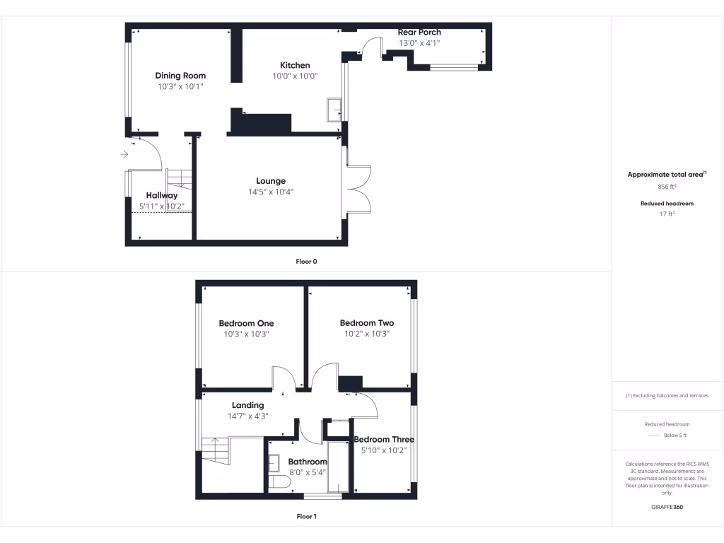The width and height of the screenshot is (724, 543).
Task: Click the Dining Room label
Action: tap(180, 76)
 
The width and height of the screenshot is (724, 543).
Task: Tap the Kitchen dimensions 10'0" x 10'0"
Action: tap(295, 76)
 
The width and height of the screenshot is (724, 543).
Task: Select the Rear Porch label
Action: tap(419, 33)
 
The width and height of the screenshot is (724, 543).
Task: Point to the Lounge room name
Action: tap(271, 181)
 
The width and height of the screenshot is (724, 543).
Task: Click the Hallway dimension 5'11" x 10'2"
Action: tap(162, 206)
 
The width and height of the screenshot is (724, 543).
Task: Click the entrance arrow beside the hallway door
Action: tap(125, 153)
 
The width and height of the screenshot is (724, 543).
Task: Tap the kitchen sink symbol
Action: tap(334, 108)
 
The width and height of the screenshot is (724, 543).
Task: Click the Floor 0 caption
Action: tap(306, 262)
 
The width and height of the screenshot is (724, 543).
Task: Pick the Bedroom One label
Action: tap(246, 324)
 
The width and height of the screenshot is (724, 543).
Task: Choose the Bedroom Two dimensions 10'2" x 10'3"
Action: tap(367, 334)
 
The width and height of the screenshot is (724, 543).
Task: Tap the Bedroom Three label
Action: tap(384, 440)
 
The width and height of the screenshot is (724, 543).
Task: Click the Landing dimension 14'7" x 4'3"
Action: tap(247, 416)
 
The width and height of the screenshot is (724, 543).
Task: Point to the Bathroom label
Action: tap(308, 462)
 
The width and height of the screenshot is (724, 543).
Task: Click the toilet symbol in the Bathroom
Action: tap(280, 482)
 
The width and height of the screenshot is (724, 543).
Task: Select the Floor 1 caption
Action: tap(306, 517)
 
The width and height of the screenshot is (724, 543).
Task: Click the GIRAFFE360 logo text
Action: tap(667, 507)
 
